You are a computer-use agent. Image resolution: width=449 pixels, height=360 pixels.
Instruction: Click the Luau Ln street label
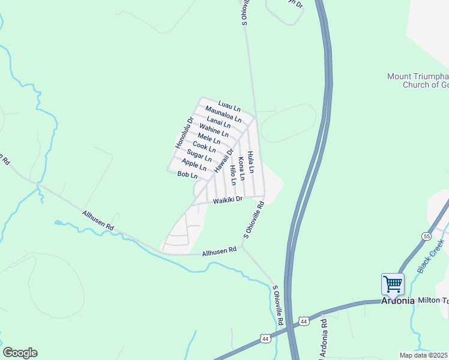point(229,106)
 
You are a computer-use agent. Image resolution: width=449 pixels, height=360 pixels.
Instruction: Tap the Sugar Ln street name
point(199,156)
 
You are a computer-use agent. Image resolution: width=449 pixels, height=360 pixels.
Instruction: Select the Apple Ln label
point(194,164)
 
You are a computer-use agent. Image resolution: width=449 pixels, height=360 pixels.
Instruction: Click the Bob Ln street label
point(187,175)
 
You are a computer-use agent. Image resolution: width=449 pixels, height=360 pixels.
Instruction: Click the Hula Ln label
point(251,162)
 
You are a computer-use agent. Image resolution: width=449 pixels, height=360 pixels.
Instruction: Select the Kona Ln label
point(242,169)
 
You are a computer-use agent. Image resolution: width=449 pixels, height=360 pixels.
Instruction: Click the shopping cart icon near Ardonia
point(393,283)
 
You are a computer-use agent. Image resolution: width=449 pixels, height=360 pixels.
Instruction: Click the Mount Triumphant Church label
point(418,80)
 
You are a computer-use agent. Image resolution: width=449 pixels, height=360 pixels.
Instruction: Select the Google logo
point(20,353)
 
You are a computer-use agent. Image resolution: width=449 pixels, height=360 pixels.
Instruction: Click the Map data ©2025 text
point(424,355)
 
